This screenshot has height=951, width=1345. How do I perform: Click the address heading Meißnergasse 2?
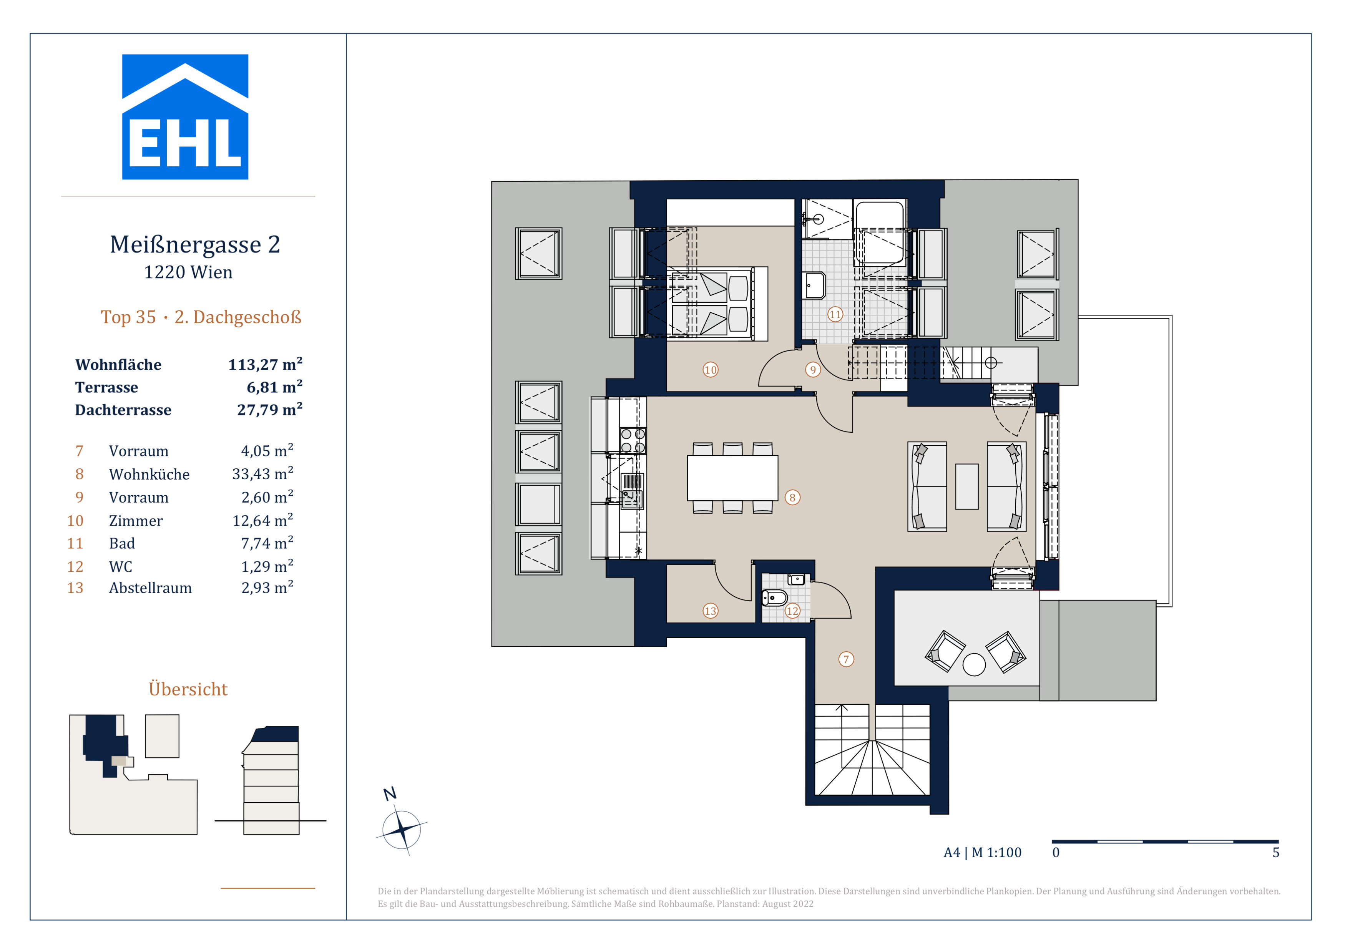click(195, 245)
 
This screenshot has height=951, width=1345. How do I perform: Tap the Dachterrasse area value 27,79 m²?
click(269, 409)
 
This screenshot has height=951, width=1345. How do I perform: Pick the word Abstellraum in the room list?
click(151, 588)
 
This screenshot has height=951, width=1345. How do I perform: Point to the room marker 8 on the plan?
click(792, 498)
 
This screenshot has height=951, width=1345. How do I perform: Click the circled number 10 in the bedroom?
click(711, 370)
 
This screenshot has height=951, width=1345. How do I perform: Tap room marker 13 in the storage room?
click(711, 611)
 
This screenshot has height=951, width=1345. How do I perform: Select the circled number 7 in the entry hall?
click(846, 659)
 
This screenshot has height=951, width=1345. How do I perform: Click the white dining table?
click(732, 478)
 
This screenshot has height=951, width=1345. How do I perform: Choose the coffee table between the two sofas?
click(966, 486)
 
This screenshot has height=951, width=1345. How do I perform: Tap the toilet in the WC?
click(774, 598)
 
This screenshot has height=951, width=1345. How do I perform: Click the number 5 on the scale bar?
click(1276, 853)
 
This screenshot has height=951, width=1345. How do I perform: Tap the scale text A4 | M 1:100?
click(982, 853)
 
